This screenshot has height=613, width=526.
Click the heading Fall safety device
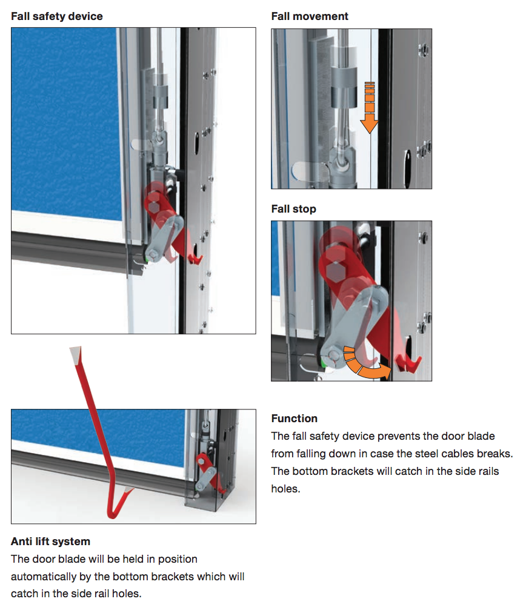(57, 16)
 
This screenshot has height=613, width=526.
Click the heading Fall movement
(310, 16)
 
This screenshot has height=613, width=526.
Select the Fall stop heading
(293, 209)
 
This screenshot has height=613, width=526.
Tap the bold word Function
(294, 419)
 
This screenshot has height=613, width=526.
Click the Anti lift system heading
(50, 541)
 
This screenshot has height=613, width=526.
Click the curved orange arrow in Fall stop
(364, 363)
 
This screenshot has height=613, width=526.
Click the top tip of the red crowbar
(75, 353)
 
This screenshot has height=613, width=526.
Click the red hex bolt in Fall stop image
(334, 265)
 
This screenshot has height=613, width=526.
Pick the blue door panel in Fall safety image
(67, 121)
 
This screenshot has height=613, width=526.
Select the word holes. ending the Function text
(285, 488)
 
